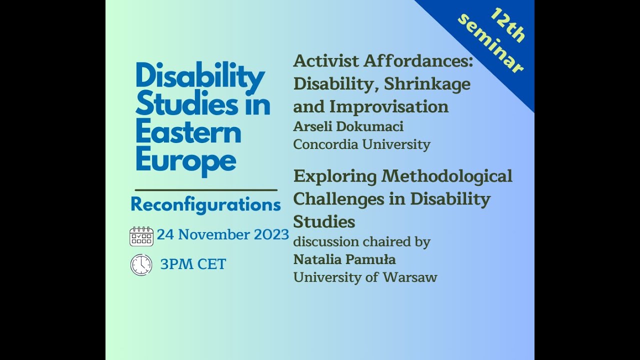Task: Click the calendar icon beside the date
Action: [x=141, y=236]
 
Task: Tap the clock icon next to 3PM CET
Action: [x=141, y=264]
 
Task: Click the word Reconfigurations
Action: [x=205, y=205]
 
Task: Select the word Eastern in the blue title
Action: [x=188, y=133]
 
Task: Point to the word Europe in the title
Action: [x=185, y=161]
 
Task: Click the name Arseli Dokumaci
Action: [x=348, y=126]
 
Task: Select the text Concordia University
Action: [x=361, y=144]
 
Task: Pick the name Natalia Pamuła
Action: [x=344, y=259]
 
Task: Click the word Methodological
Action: [x=447, y=176]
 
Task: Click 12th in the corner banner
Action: [x=507, y=25]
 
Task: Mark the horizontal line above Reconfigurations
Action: [x=206, y=190]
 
